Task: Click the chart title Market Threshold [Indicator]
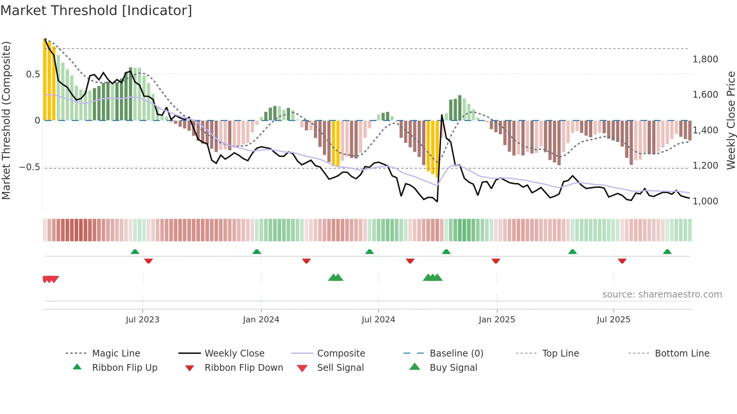tap(96, 11)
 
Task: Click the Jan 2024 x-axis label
tap(261, 320)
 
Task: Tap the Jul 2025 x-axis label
tap(613, 320)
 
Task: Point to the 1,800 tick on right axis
tap(705, 59)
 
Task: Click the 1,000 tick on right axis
tap(705, 201)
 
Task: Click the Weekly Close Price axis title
tap(731, 120)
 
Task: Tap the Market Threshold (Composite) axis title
tap(6, 120)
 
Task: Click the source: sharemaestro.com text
tap(662, 295)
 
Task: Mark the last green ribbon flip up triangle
tap(667, 252)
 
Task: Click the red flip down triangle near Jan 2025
tap(496, 261)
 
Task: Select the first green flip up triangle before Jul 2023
tap(135, 252)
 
